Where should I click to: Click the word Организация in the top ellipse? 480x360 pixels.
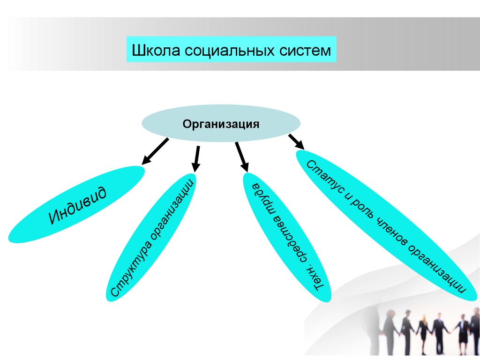click(x=221, y=124)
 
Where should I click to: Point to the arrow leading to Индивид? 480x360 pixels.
click(x=155, y=151)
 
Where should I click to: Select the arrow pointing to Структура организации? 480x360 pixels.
click(x=197, y=158)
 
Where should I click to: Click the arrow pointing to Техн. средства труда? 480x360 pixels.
click(x=241, y=157)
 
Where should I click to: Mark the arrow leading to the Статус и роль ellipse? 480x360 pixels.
click(x=296, y=142)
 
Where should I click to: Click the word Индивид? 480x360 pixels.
click(x=77, y=204)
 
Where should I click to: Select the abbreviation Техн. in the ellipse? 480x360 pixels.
click(x=313, y=279)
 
